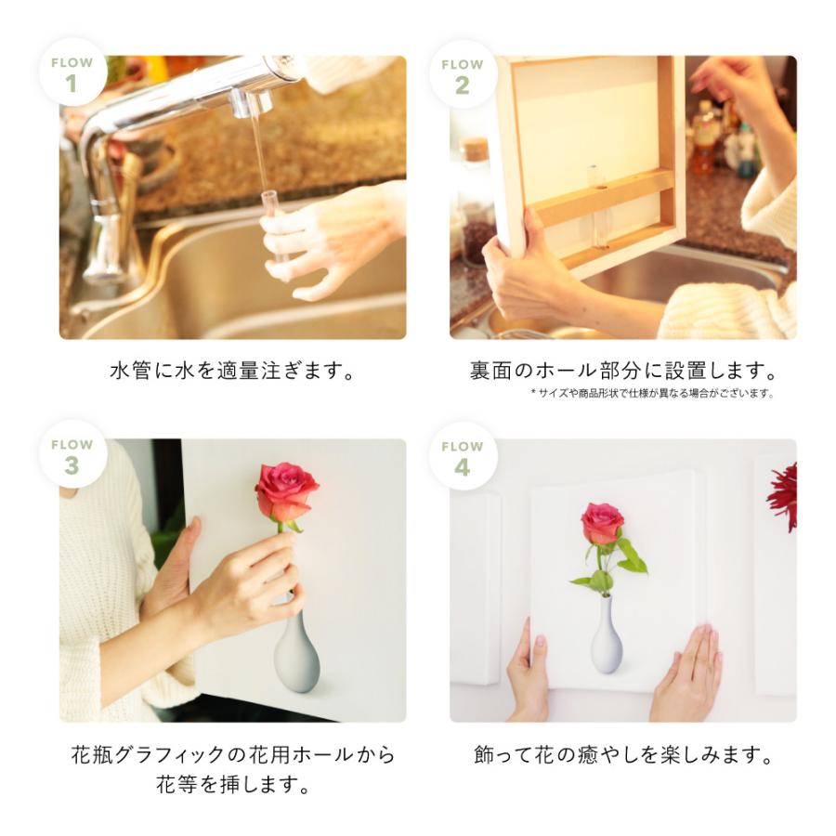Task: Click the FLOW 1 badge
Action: coord(72,73)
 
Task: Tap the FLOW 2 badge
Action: coord(462,74)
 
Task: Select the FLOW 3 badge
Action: coord(72,456)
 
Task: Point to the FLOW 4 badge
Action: coord(462,456)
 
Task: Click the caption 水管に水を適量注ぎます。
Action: coord(233,371)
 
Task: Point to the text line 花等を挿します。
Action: coord(233,785)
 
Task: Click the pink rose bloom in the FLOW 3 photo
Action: coord(285,490)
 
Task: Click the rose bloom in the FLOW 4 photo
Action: coord(602,523)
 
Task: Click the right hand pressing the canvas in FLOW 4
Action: coord(687,673)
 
